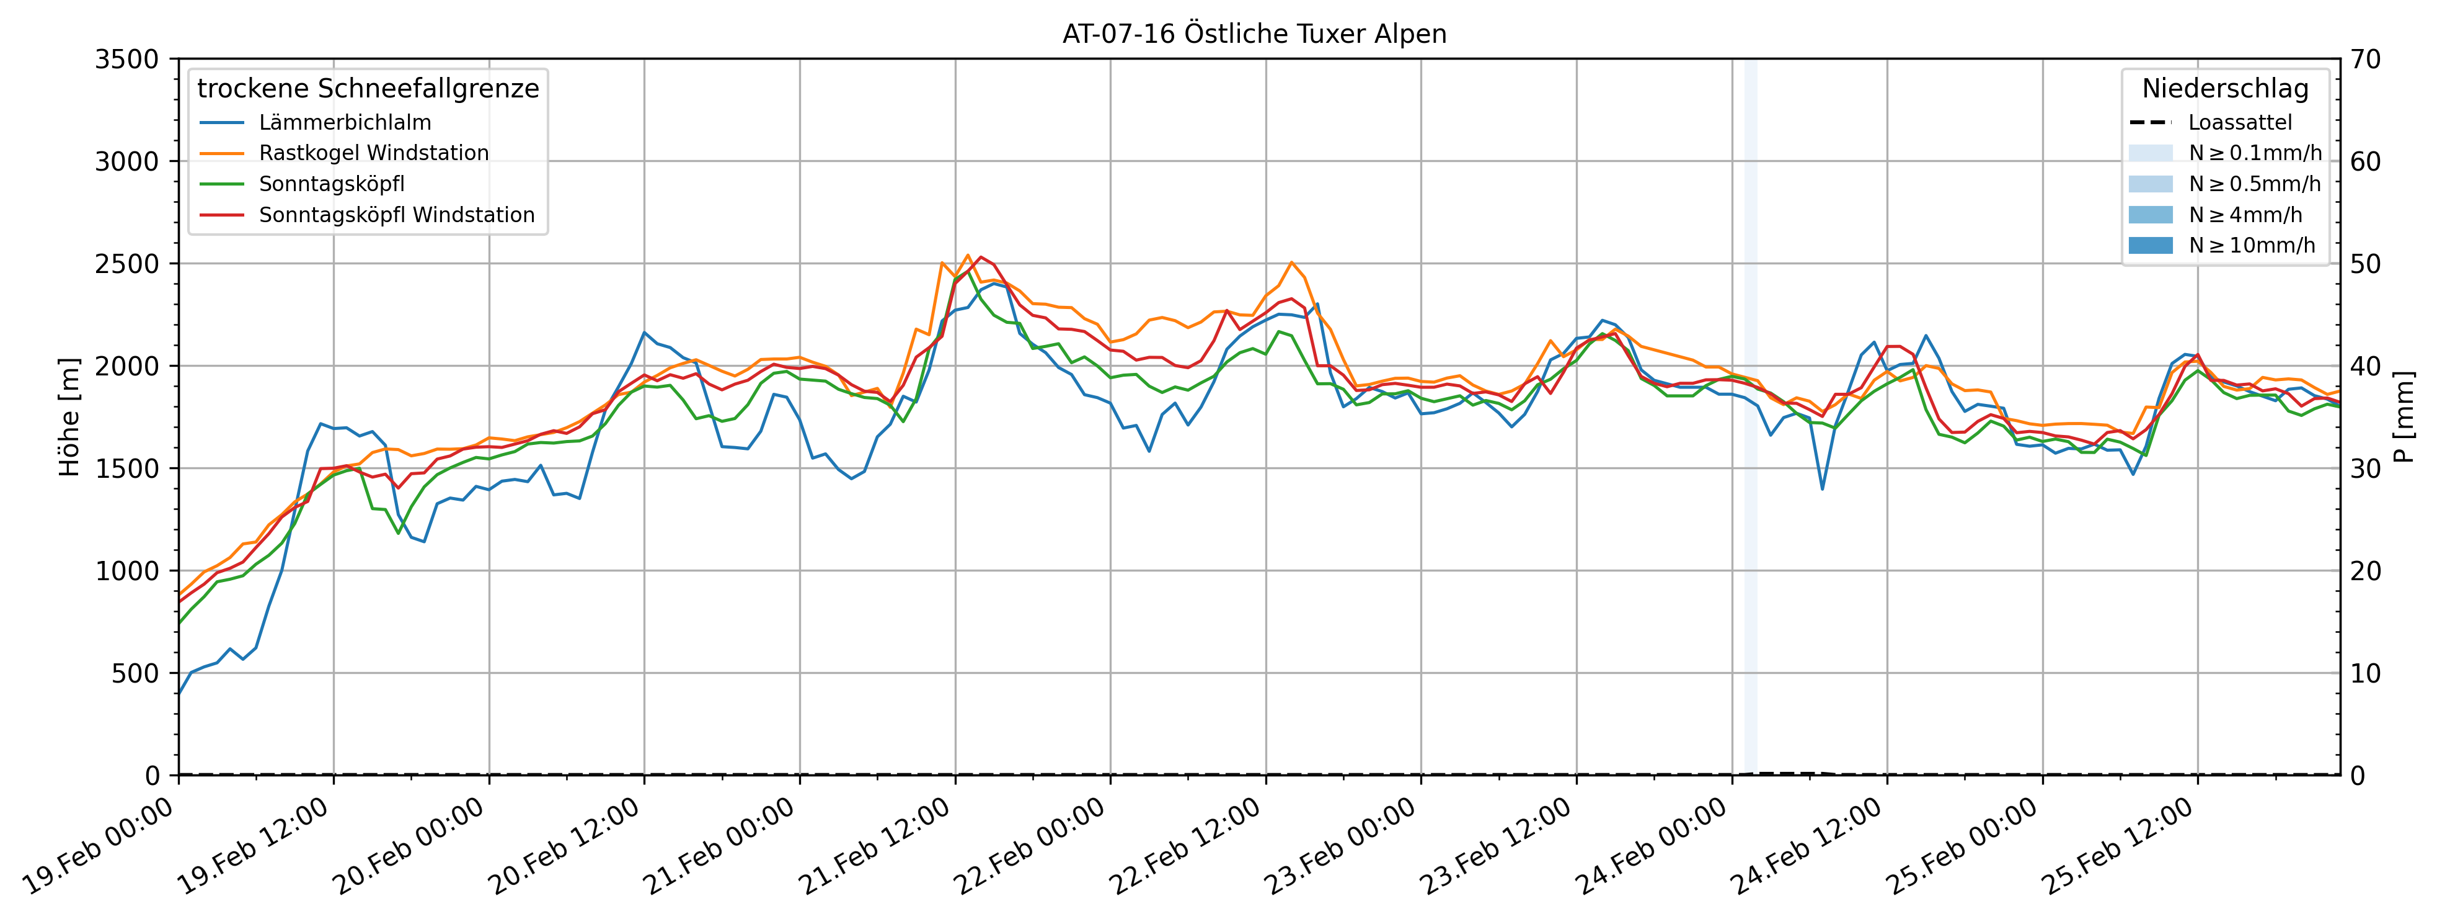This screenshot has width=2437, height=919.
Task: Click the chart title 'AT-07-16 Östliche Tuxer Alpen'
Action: tap(1254, 34)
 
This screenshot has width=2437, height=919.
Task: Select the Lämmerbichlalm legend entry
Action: tap(344, 123)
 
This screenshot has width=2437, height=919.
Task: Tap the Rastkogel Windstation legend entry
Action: tap(374, 153)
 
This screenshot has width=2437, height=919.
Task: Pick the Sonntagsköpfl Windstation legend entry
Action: tap(396, 215)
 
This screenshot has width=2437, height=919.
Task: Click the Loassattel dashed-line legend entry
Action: tap(2239, 123)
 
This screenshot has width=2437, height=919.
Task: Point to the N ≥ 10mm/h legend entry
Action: tap(2252, 245)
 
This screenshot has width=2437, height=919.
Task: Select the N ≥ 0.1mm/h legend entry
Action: tap(2254, 153)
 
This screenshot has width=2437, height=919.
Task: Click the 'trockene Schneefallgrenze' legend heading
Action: tap(368, 89)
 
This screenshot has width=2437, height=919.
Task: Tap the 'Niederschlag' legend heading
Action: tap(2225, 89)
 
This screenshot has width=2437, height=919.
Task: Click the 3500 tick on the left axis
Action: tap(126, 60)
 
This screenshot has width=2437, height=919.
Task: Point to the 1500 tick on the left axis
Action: tap(126, 468)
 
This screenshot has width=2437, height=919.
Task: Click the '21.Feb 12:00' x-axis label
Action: tap(875, 847)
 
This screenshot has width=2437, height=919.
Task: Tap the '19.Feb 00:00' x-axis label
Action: tap(99, 847)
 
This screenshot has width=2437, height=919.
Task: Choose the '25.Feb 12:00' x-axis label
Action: tap(2117, 847)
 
